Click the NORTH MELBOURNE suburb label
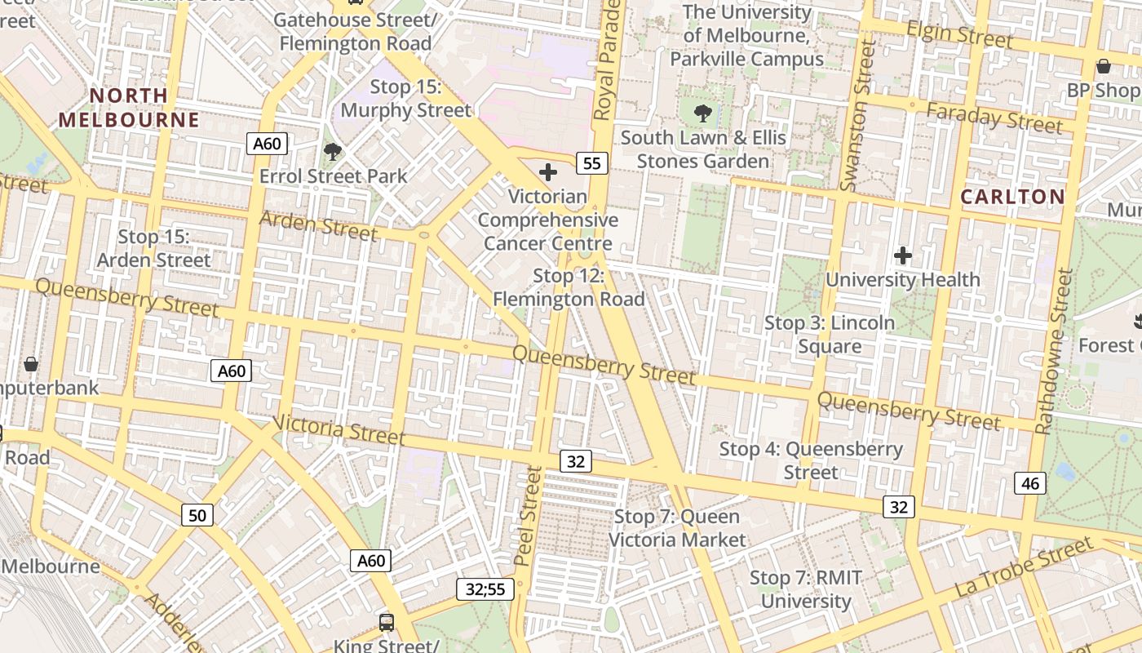pyautogui.click(x=129, y=108)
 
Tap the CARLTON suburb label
pyautogui.click(x=1012, y=197)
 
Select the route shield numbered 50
pyautogui.click(x=197, y=515)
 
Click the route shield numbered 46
pyautogui.click(x=1030, y=483)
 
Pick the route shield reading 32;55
pyautogui.click(x=485, y=589)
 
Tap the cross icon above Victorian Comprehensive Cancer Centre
pyautogui.click(x=548, y=172)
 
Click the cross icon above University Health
pyautogui.click(x=902, y=255)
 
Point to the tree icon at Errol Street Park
pyautogui.click(x=332, y=151)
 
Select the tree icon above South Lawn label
pyautogui.click(x=702, y=113)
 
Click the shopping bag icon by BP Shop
pyautogui.click(x=1104, y=66)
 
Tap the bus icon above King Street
pyautogui.click(x=387, y=623)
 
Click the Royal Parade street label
pyautogui.click(x=606, y=61)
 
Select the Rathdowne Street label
pyautogui.click(x=1055, y=351)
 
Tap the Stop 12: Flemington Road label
pyautogui.click(x=569, y=287)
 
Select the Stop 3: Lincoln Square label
pyautogui.click(x=830, y=335)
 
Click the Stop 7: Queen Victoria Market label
pyautogui.click(x=677, y=528)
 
